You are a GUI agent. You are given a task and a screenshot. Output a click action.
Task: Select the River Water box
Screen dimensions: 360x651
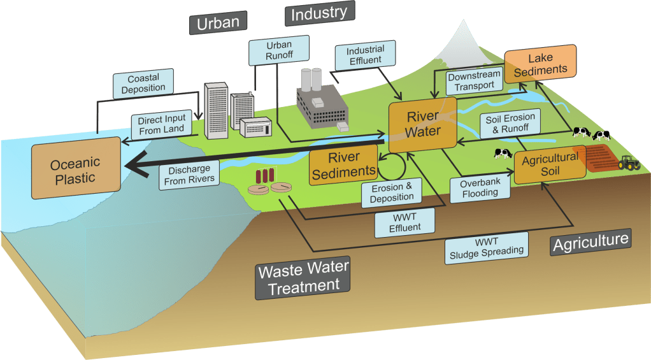[x=424, y=124]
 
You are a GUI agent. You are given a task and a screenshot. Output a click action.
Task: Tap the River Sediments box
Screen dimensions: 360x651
[x=343, y=164]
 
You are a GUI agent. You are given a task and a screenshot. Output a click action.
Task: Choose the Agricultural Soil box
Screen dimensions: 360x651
[x=550, y=164]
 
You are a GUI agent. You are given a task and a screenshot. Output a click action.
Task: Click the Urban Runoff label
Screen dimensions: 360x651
[x=278, y=50]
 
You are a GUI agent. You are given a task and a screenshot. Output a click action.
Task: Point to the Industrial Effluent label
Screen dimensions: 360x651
[x=366, y=55]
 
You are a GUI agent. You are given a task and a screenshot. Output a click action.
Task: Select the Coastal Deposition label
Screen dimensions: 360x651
[x=143, y=83]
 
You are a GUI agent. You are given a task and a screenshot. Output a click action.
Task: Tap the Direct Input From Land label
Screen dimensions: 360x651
[x=161, y=124]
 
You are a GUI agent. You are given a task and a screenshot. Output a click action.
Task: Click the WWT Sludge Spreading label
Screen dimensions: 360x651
[x=486, y=246]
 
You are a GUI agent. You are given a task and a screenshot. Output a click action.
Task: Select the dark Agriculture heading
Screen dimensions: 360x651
[x=590, y=242]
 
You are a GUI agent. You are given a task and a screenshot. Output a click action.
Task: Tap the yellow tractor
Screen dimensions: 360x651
[x=629, y=162]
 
